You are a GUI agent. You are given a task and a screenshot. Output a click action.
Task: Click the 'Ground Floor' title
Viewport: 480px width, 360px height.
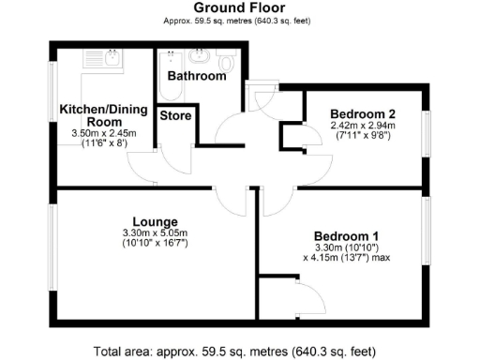pyautogui.click(x=239, y=7)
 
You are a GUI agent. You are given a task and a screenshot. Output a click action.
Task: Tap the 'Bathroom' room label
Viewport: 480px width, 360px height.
pyautogui.click(x=196, y=75)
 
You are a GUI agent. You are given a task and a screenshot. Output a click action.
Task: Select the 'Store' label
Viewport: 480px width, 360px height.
pyautogui.click(x=175, y=116)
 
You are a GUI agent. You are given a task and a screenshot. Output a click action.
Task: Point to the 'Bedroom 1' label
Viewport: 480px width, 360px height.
pyautogui.click(x=346, y=234)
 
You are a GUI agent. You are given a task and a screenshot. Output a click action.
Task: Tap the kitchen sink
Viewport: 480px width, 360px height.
pyautogui.click(x=112, y=58)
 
